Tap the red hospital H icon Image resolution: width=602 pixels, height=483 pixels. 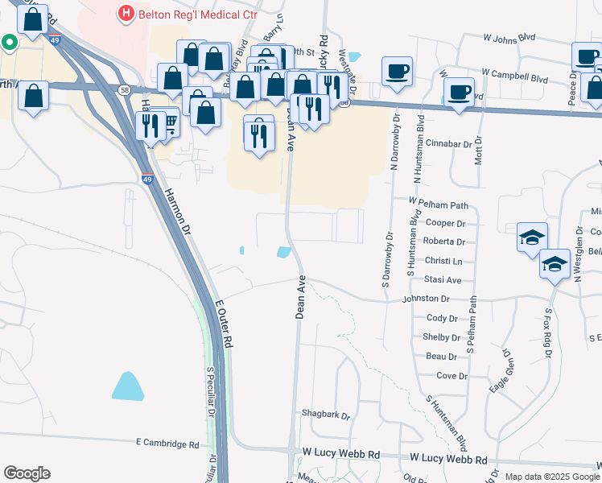coord(125,13)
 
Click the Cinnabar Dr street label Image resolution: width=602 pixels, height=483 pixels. coord(452,144)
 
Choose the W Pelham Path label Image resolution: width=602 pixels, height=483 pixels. coord(438,204)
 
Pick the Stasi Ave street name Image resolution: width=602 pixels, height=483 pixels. coord(443,280)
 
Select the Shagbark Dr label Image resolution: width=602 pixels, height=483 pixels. coord(326,416)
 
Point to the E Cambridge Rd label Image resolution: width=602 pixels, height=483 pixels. coord(167,444)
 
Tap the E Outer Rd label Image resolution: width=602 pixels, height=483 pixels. coord(224,324)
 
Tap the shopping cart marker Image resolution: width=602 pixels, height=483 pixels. coord(169,123)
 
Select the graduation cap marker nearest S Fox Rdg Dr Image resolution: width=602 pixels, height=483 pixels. coord(555,266)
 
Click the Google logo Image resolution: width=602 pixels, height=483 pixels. coord(27,473)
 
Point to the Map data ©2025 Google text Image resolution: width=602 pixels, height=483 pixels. coord(551,476)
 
